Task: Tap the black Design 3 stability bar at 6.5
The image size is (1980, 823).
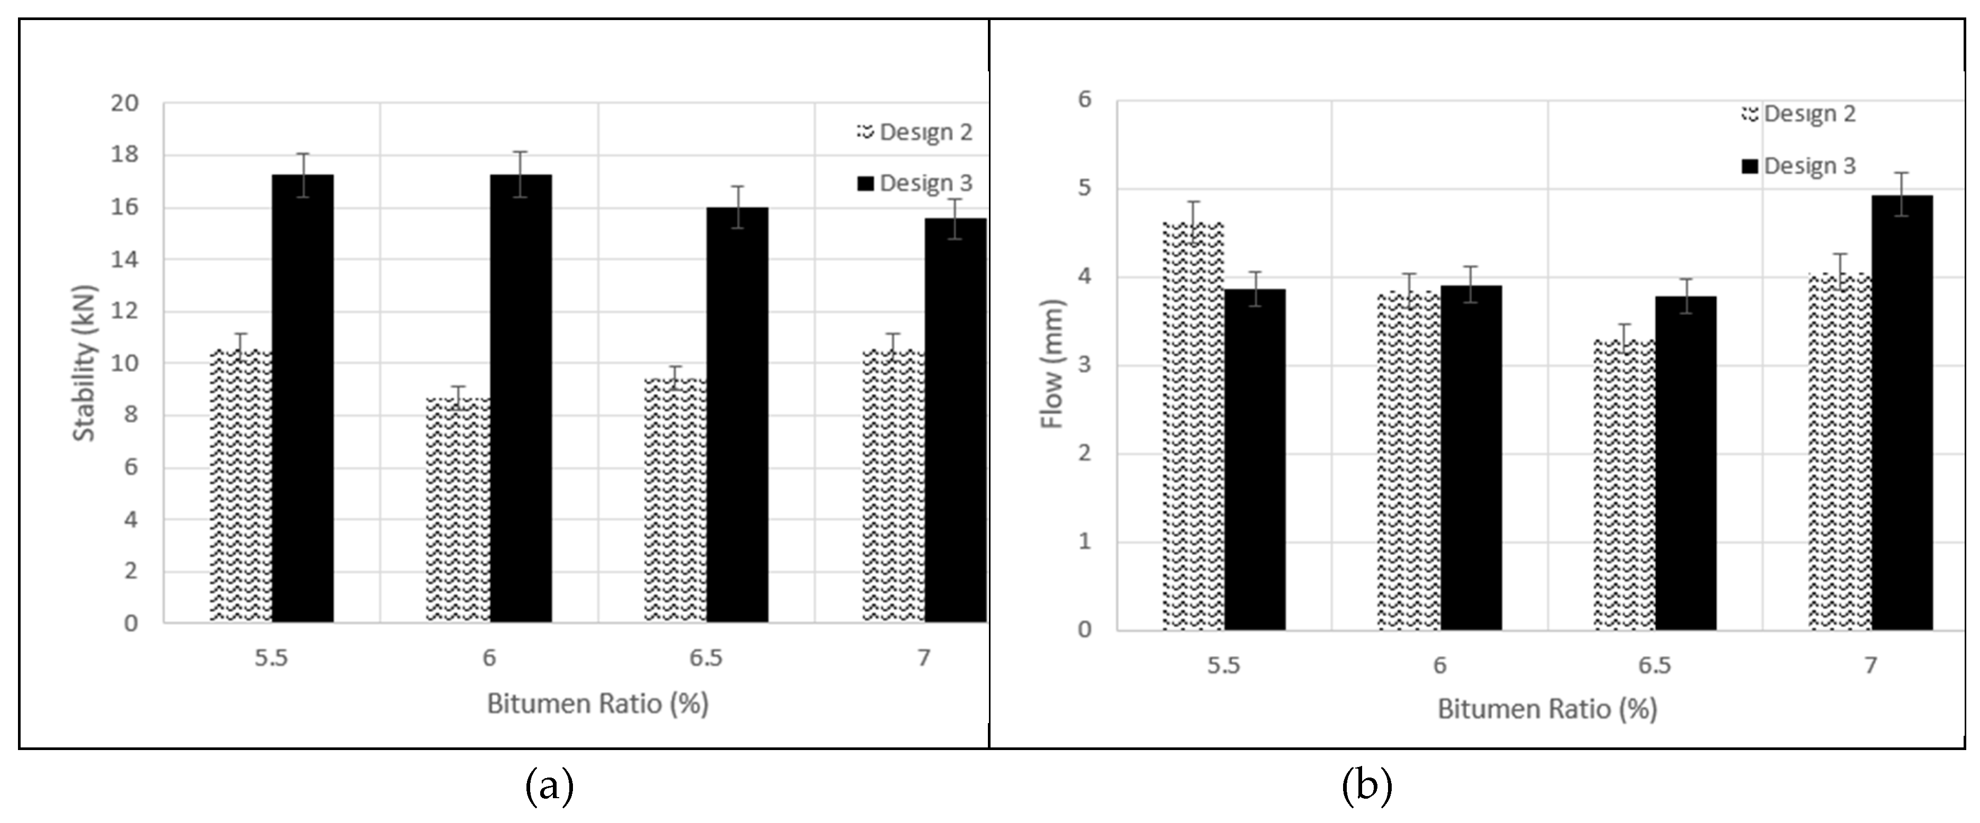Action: pyautogui.click(x=737, y=415)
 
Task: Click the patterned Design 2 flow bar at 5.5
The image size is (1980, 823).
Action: pyautogui.click(x=1193, y=427)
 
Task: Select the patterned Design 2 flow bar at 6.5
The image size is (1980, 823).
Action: pyautogui.click(x=1623, y=485)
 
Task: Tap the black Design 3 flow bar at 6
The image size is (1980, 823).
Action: pyautogui.click(x=1471, y=458)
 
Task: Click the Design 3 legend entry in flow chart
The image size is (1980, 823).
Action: pyautogui.click(x=1799, y=166)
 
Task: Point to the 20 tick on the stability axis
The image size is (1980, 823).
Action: pyautogui.click(x=125, y=103)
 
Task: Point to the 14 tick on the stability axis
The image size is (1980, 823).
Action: pyautogui.click(x=125, y=260)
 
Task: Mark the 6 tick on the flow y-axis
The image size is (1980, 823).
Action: pyautogui.click(x=1084, y=99)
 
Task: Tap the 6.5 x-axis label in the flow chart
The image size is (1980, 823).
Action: pyautogui.click(x=1654, y=665)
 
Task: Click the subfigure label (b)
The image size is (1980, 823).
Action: pyautogui.click(x=1367, y=787)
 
